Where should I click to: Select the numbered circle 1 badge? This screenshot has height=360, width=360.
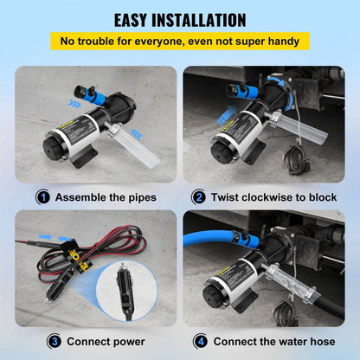pos(42,196)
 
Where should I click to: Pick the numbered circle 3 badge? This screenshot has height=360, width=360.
pos(42,341)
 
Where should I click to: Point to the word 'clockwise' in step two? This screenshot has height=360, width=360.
pos(273,197)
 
